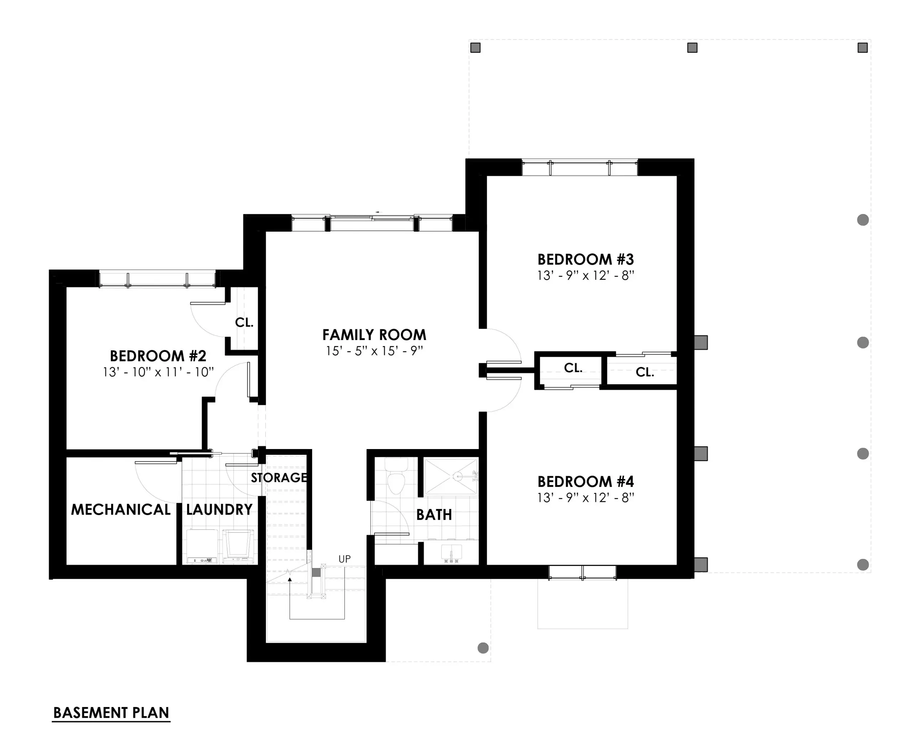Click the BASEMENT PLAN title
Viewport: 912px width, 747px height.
click(x=111, y=712)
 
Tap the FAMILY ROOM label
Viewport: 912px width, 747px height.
click(x=374, y=335)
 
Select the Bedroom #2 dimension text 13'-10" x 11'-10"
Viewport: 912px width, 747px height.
click(x=158, y=372)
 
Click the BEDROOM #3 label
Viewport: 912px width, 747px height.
click(x=585, y=259)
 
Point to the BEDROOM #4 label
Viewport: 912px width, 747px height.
click(x=585, y=481)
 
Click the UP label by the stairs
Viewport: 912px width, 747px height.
click(x=344, y=559)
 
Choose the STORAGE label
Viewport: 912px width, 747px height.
click(x=279, y=478)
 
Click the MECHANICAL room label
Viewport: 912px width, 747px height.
click(x=120, y=510)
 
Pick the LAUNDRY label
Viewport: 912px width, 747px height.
click(x=219, y=510)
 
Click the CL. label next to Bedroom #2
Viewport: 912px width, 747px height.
click(x=244, y=322)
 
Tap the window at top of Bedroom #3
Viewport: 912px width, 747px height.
click(x=580, y=168)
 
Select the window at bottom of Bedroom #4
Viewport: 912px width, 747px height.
click(x=582, y=573)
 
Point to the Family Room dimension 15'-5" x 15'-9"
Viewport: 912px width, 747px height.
click(x=374, y=351)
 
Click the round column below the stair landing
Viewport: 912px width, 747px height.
click(x=483, y=648)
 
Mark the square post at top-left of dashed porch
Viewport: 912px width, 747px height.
click(x=475, y=48)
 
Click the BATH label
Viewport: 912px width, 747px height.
click(x=434, y=515)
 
